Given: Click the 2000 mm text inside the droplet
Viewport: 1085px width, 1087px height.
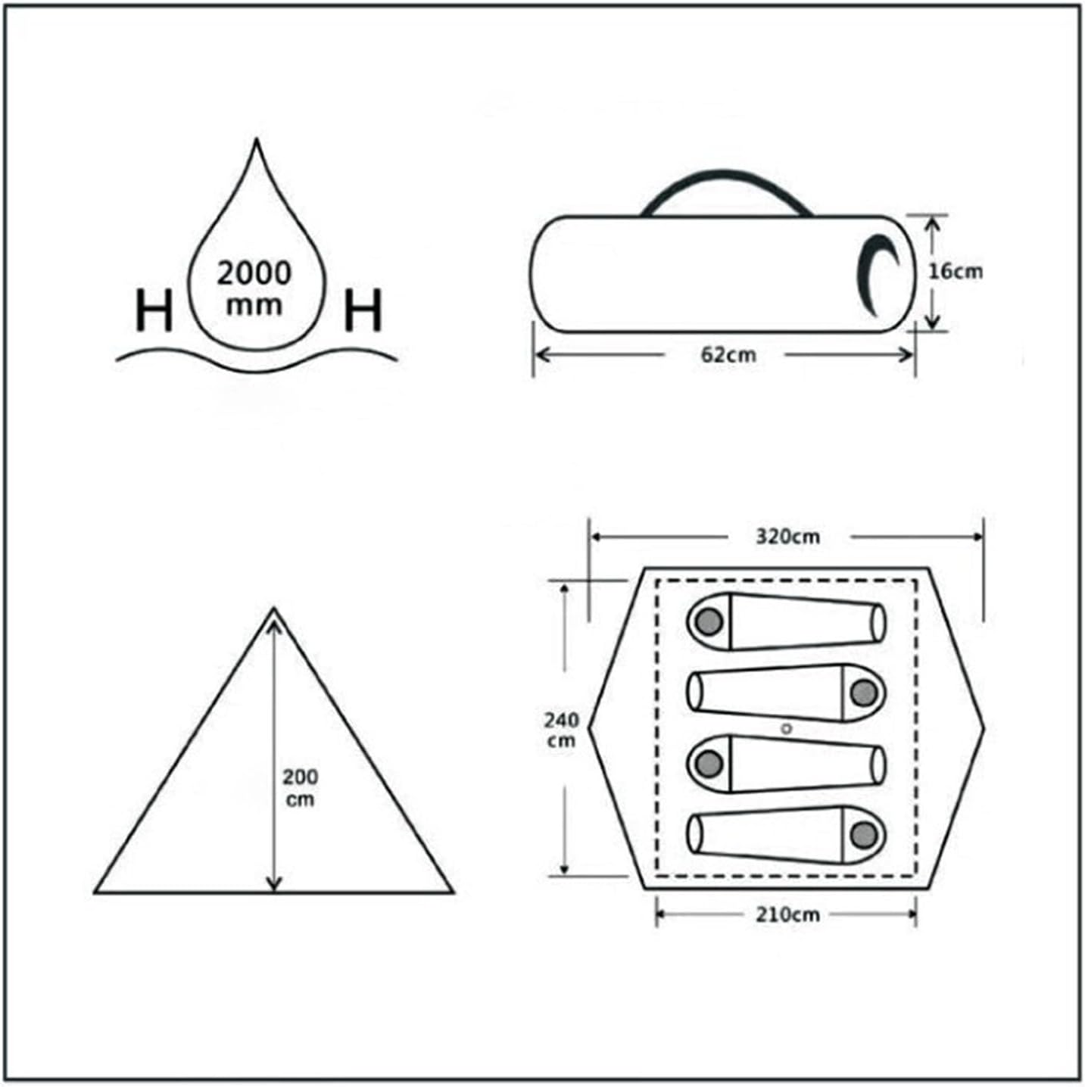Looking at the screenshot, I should (x=254, y=288).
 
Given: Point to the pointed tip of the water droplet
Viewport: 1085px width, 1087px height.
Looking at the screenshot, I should (x=257, y=142).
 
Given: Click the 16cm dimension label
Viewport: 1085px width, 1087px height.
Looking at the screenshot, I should (x=956, y=271).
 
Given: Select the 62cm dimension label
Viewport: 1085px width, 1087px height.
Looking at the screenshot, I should (x=728, y=355).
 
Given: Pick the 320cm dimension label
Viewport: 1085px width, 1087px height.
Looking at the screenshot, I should (x=787, y=537).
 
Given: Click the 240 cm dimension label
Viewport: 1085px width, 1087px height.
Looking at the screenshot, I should (x=561, y=730).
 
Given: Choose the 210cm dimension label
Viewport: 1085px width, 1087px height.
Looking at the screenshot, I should (x=787, y=914).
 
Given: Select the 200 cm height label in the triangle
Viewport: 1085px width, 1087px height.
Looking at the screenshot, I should (x=300, y=788).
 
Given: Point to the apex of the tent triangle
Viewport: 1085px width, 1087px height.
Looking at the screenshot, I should (x=274, y=609).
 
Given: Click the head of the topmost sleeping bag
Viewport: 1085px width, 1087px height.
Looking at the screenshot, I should (x=709, y=621).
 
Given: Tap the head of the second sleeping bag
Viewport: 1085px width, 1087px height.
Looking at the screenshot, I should (x=864, y=693).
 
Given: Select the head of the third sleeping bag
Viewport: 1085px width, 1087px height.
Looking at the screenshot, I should (x=709, y=764).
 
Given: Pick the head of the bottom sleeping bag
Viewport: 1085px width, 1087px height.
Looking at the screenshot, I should (x=864, y=835).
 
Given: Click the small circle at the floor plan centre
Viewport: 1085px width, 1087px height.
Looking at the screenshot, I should (x=787, y=729).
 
